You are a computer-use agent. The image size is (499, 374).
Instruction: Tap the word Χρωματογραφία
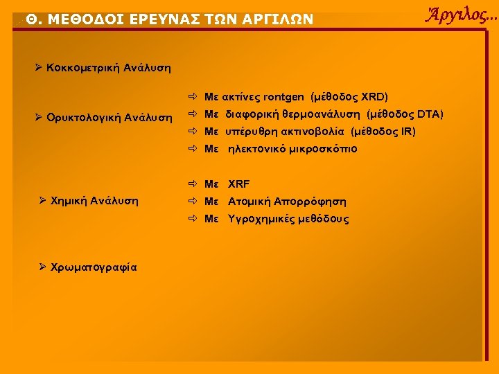[94, 267]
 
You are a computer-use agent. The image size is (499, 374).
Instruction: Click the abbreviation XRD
[374, 96]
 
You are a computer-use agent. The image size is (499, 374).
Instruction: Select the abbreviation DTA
[430, 114]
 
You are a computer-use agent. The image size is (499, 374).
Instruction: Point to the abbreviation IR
[408, 132]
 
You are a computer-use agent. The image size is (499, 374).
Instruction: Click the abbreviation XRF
[239, 184]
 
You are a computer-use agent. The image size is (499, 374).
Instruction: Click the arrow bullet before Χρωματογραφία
[43, 267]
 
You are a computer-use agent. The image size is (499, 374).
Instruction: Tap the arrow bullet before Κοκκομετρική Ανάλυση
[39, 68]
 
